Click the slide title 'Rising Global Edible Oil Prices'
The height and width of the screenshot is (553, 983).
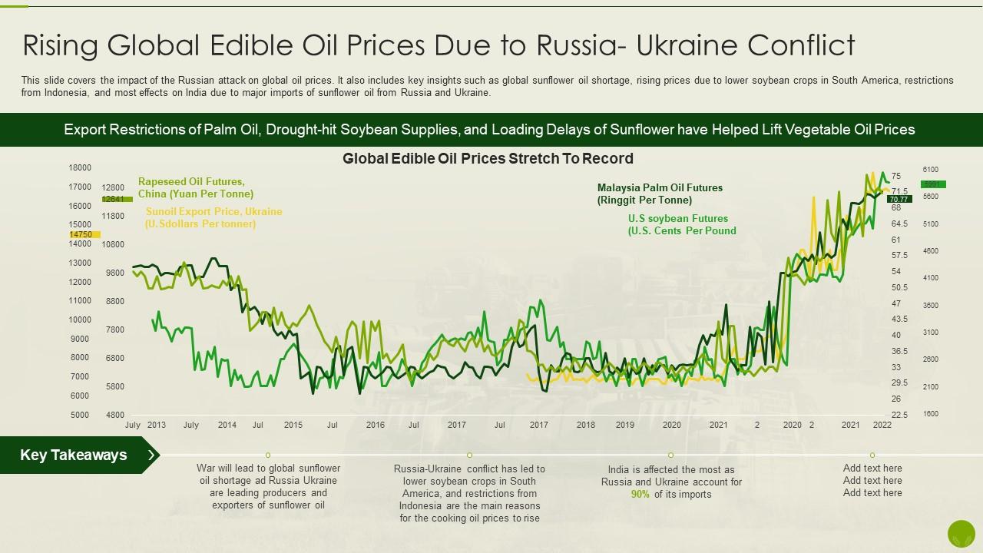pos(439,46)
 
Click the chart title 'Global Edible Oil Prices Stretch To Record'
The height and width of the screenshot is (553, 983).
pos(488,159)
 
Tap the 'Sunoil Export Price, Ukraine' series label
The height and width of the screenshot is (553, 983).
pos(213,217)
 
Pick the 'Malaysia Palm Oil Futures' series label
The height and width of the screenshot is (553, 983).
pos(660,194)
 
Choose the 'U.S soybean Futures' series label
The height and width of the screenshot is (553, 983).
pos(681,224)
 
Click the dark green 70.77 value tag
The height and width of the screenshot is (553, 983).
pos(899,199)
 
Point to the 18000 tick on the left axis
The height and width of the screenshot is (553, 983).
pos(80,168)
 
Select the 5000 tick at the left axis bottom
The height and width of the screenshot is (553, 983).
pos(80,416)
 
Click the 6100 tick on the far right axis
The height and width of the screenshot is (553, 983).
pos(930,170)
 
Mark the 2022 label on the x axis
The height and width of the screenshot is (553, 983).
pos(882,425)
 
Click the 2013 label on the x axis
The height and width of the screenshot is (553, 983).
pos(156,425)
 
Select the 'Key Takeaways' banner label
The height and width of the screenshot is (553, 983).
pos(74,455)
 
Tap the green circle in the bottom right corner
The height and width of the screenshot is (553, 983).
pos(961,533)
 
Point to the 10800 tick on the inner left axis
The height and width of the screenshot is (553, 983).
pos(112,244)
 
